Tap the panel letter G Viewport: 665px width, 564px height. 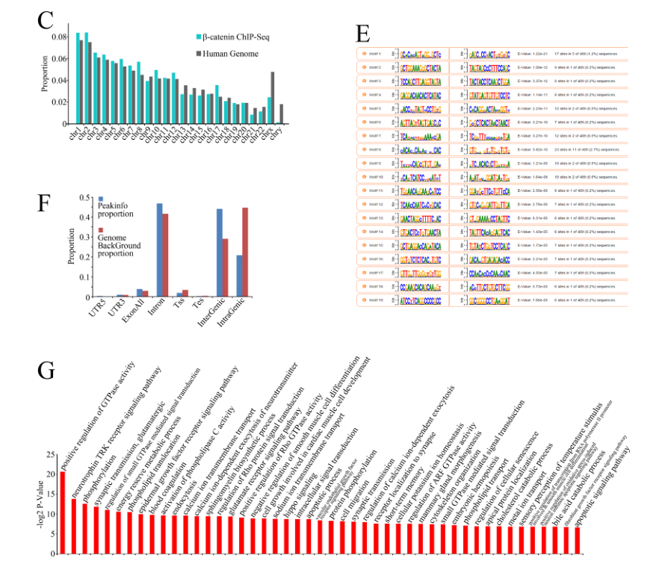click(x=46, y=372)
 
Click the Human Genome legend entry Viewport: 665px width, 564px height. click(x=233, y=53)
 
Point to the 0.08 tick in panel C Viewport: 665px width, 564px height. click(x=55, y=36)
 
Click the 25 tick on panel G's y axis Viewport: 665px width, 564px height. click(x=49, y=454)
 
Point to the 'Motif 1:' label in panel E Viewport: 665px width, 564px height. click(x=372, y=54)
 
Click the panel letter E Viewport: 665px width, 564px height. click(x=363, y=34)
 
